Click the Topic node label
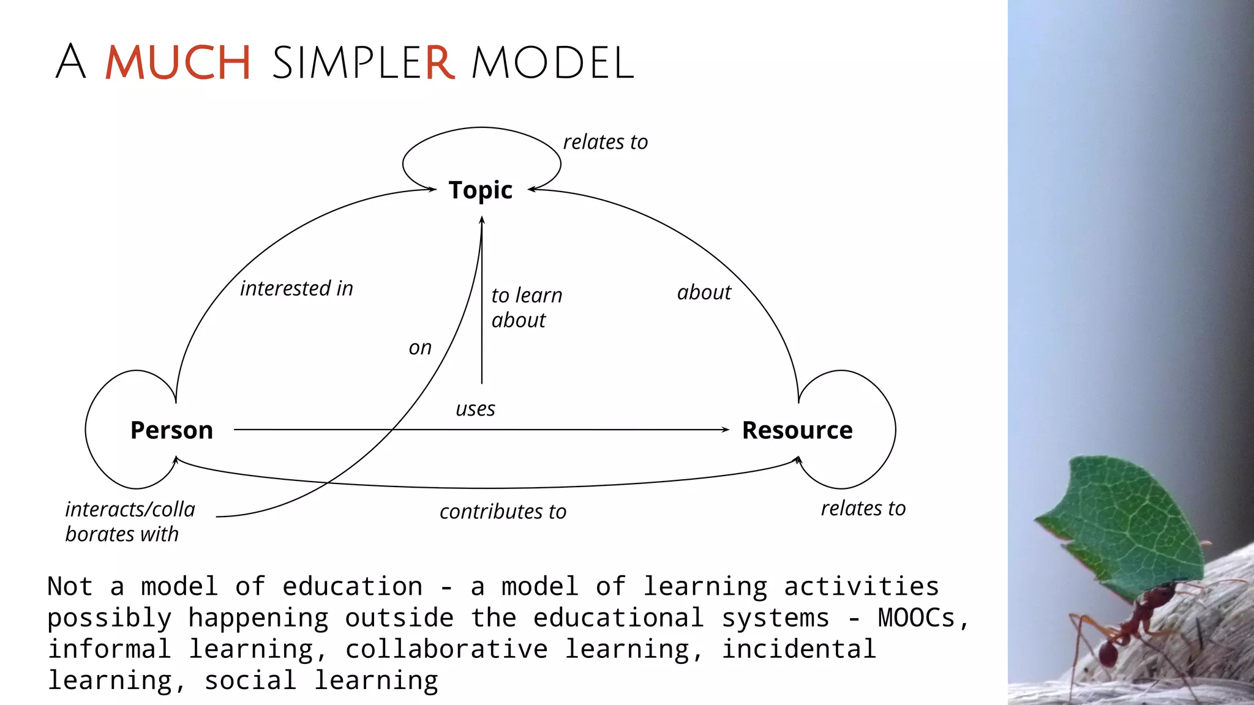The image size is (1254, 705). [x=480, y=190]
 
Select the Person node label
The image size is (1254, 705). [x=171, y=430]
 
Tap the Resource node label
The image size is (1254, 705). [x=797, y=430]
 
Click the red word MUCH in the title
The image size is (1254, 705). [x=178, y=62]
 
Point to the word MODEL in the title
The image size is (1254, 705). [x=552, y=62]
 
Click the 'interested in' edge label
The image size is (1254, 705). [x=296, y=288]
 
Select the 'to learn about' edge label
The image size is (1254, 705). [x=526, y=307]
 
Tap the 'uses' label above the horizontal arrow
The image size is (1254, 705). [x=475, y=409]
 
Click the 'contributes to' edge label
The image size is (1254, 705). [x=503, y=512]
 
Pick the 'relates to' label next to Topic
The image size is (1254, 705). [x=605, y=142]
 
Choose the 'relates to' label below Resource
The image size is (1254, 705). [x=863, y=509]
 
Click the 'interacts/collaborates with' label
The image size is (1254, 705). [x=130, y=521]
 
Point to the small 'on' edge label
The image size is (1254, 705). [x=420, y=348]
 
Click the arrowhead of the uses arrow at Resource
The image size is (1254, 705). [x=726, y=430]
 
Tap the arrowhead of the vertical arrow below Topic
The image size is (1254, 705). [x=482, y=220]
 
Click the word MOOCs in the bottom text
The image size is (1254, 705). [x=916, y=617]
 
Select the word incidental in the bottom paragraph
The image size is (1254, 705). [x=798, y=649]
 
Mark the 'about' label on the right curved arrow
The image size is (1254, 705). [x=704, y=293]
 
